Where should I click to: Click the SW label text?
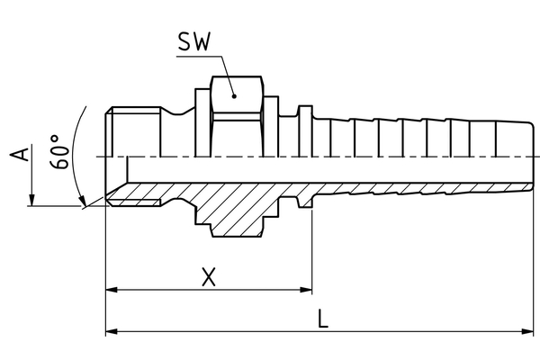[x=194, y=42]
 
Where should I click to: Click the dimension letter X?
[x=209, y=278]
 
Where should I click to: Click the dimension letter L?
[x=323, y=318]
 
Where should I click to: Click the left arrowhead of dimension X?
[x=112, y=291]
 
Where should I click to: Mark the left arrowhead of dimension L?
[x=112, y=331]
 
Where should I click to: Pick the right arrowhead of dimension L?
[x=531, y=331]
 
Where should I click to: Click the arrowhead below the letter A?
[x=31, y=201]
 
